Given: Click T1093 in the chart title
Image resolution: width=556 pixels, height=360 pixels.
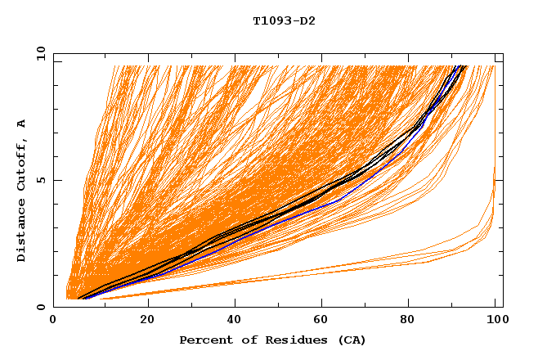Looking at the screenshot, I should tap(269, 20).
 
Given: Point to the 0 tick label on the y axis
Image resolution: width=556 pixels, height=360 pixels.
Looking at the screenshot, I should tap(40, 307).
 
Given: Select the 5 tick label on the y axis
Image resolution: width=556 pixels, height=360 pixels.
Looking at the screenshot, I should tap(40, 180).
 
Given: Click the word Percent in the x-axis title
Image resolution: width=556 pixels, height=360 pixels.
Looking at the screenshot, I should tap(204, 340).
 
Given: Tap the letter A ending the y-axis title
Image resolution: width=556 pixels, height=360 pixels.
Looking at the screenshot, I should tap(22, 123).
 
